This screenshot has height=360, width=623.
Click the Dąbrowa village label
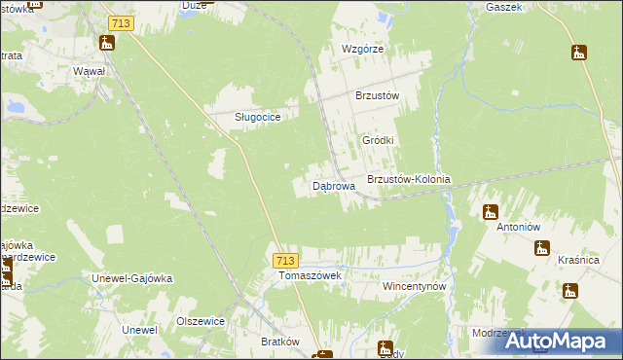(x=333, y=184)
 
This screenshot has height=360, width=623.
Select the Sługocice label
(x=258, y=117)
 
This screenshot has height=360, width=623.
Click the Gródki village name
(x=378, y=140)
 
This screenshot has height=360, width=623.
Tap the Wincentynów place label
(x=414, y=287)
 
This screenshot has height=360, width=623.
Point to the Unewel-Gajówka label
(x=131, y=277)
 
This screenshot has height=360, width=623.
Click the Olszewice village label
(x=201, y=320)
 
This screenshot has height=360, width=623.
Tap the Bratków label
(x=280, y=342)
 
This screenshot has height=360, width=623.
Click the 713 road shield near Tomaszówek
(x=284, y=260)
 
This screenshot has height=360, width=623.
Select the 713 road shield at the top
(x=122, y=21)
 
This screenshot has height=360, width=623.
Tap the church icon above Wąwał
(x=106, y=43)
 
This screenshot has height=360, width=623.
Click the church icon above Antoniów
(x=491, y=211)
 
